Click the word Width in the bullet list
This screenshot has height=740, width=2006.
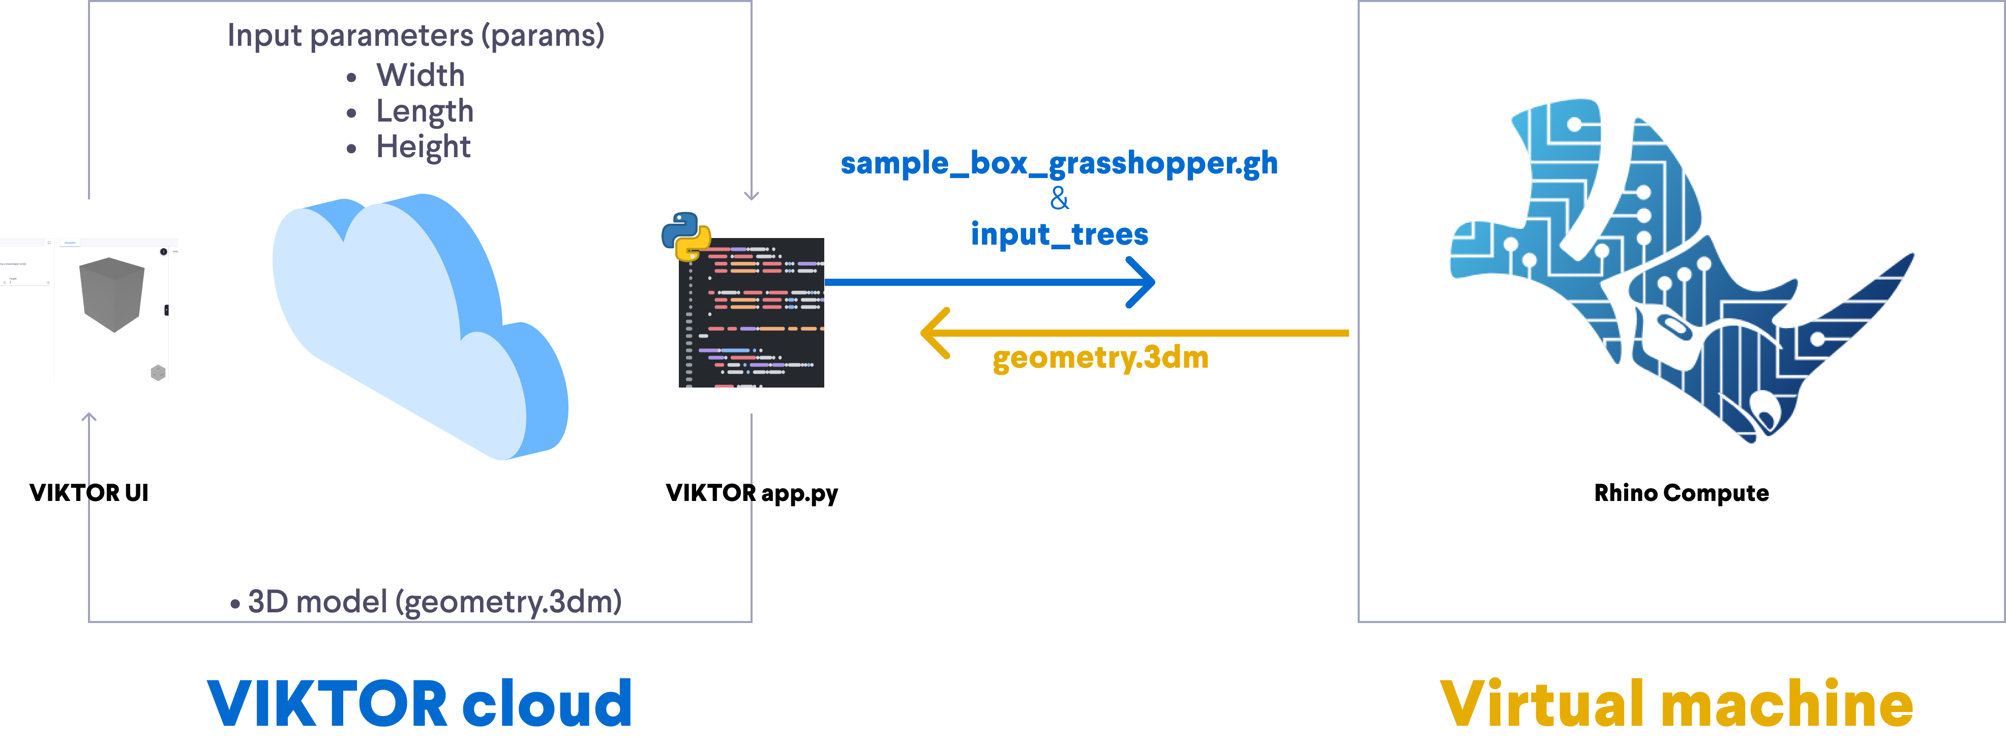[421, 76]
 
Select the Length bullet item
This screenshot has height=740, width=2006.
[425, 111]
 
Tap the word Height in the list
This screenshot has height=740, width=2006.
[423, 147]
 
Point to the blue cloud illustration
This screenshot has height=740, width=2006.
[421, 327]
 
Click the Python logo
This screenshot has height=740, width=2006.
[685, 236]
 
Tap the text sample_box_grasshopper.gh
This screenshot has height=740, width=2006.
[1059, 164]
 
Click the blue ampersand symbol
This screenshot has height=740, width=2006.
[1059, 199]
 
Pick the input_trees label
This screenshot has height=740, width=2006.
[1059, 233]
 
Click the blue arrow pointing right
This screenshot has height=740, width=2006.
[989, 282]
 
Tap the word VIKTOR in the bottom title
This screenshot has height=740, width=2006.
[327, 703]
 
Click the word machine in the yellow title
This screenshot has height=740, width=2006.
[1787, 703]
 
